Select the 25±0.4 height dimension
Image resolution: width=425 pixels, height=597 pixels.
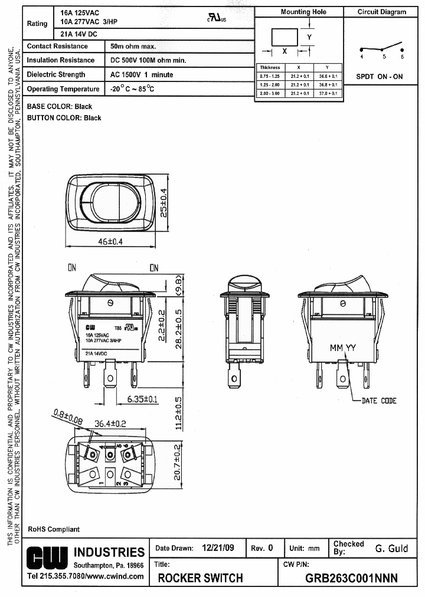164,202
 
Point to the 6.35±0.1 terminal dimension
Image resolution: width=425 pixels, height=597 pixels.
143,399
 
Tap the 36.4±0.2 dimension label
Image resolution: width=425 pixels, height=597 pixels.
111,423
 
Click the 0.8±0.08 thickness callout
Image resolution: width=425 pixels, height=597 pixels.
68,417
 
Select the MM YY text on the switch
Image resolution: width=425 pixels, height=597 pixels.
343,347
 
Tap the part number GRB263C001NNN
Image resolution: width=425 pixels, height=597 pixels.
351,578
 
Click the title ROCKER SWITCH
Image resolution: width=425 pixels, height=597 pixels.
200,578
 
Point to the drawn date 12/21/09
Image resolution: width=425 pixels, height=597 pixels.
218,547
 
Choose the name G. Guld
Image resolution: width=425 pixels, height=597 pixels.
391,548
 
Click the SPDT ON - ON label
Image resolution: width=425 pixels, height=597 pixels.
379,77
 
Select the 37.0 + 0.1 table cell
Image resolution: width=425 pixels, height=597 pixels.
328,93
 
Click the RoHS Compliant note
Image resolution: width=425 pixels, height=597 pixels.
54,529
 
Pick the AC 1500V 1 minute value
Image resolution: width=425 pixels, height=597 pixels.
142,75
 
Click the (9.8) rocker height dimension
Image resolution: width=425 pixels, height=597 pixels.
179,284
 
